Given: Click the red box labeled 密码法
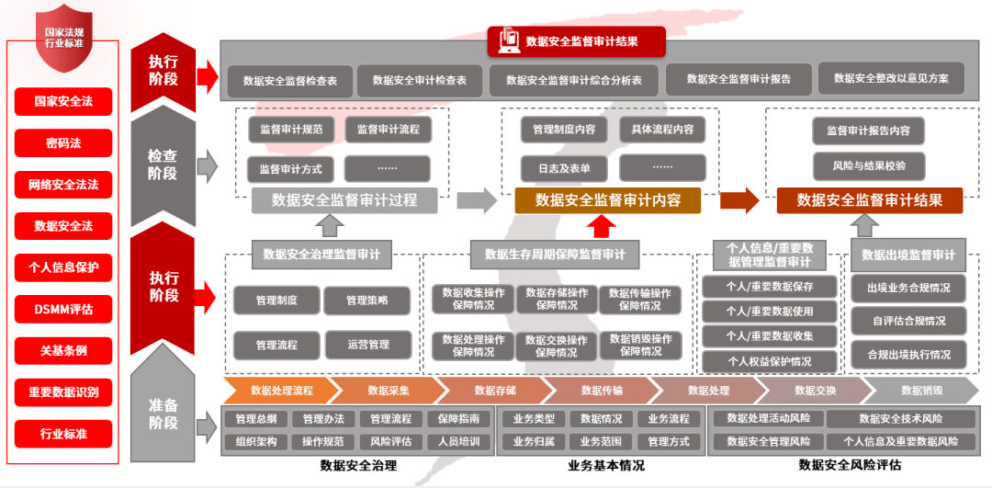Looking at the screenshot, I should pos(63,143).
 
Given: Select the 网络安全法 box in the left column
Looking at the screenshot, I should pos(63,185).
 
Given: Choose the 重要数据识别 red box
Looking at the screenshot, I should pos(63,392).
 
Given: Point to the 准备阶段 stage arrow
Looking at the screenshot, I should pos(163,414).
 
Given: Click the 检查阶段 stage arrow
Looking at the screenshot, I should pos(163,164).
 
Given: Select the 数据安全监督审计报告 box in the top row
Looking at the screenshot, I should pos(738,79).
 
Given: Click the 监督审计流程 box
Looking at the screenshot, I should pos(388,130).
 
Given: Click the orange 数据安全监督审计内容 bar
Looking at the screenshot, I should pos(606,200).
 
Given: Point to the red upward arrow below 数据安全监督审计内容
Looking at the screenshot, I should pos(602,226).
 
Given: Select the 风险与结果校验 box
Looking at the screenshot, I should pos(867,165).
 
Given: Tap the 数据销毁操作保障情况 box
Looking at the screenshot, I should pos(641,346).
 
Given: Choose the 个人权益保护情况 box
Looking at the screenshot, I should pos(769,361).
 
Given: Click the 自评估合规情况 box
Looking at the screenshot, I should pos(908,321).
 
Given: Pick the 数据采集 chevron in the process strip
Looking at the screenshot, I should pos(388,391).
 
